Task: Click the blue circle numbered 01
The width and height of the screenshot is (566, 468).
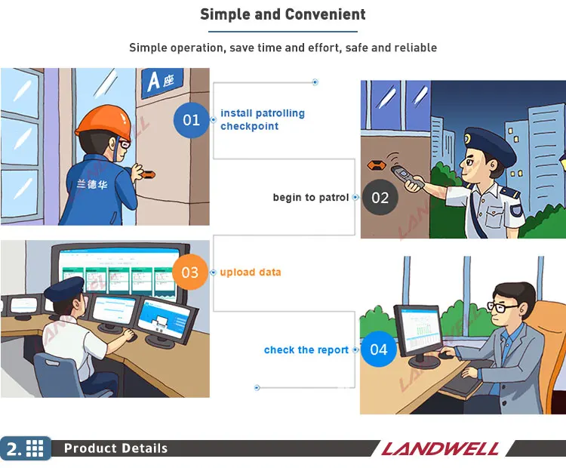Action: (x=192, y=120)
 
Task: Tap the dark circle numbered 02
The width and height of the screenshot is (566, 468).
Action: (x=380, y=197)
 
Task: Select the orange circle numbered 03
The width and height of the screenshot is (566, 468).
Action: (x=190, y=272)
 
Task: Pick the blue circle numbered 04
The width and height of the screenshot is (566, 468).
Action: (x=379, y=349)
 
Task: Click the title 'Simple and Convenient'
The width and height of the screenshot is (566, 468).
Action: (x=283, y=14)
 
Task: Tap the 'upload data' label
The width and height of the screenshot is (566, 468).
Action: (x=250, y=272)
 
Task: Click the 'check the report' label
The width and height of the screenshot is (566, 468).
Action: (x=306, y=349)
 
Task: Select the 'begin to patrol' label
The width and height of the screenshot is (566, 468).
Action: (x=310, y=197)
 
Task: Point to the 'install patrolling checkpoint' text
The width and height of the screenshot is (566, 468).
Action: (x=263, y=119)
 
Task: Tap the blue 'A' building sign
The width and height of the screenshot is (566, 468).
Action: (x=161, y=82)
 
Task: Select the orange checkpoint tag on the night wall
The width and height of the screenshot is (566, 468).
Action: (x=377, y=165)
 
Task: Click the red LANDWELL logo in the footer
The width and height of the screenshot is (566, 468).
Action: (x=440, y=449)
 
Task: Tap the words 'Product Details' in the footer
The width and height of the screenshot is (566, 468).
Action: (x=115, y=448)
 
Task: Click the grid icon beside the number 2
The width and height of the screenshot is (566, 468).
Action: (x=35, y=448)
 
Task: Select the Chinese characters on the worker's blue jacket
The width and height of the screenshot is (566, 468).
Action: (x=91, y=184)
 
